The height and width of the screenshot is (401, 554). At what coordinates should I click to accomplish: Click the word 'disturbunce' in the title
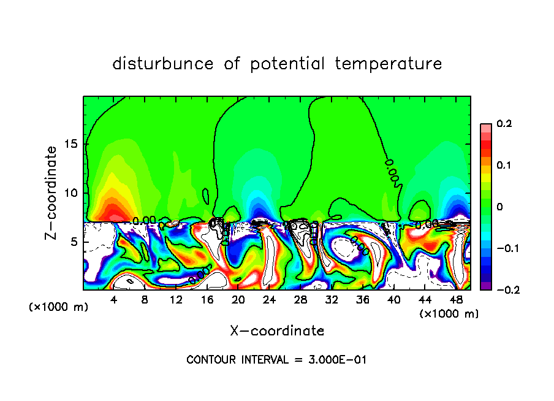[162, 64]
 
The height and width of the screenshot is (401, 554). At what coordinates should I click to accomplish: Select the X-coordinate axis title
[277, 331]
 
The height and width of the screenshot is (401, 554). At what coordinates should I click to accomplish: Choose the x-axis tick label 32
[331, 300]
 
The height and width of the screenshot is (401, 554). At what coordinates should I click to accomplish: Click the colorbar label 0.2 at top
[504, 124]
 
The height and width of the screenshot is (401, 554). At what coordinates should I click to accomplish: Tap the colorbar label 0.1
[504, 166]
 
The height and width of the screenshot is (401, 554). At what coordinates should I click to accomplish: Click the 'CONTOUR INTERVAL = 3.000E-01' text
[276, 360]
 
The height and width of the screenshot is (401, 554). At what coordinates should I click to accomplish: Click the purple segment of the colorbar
[485, 286]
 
